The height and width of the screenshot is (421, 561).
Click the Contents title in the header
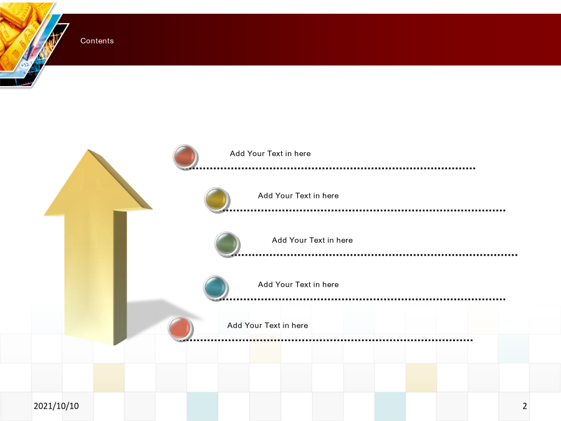[x=97, y=41]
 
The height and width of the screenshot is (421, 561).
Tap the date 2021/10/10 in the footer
[x=56, y=406]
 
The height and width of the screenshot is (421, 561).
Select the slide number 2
[x=524, y=406]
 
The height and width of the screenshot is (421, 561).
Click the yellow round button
[x=217, y=200]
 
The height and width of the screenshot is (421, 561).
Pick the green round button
[x=227, y=244]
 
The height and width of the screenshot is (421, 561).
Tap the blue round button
[x=216, y=288]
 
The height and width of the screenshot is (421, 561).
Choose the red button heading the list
[x=185, y=157]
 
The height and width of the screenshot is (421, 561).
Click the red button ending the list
[x=180, y=329]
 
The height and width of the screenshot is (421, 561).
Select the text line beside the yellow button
[x=299, y=196]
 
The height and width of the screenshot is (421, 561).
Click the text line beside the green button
[x=312, y=240]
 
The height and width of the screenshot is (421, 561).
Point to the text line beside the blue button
[x=299, y=284]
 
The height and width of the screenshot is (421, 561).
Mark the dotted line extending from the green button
[x=374, y=255]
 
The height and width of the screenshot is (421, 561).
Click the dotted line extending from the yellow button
[x=363, y=211]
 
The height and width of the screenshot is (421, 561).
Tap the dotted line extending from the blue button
[x=362, y=299]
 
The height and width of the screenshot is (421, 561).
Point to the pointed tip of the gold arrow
[x=88, y=150]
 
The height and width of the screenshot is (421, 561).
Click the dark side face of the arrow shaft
[x=120, y=278]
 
